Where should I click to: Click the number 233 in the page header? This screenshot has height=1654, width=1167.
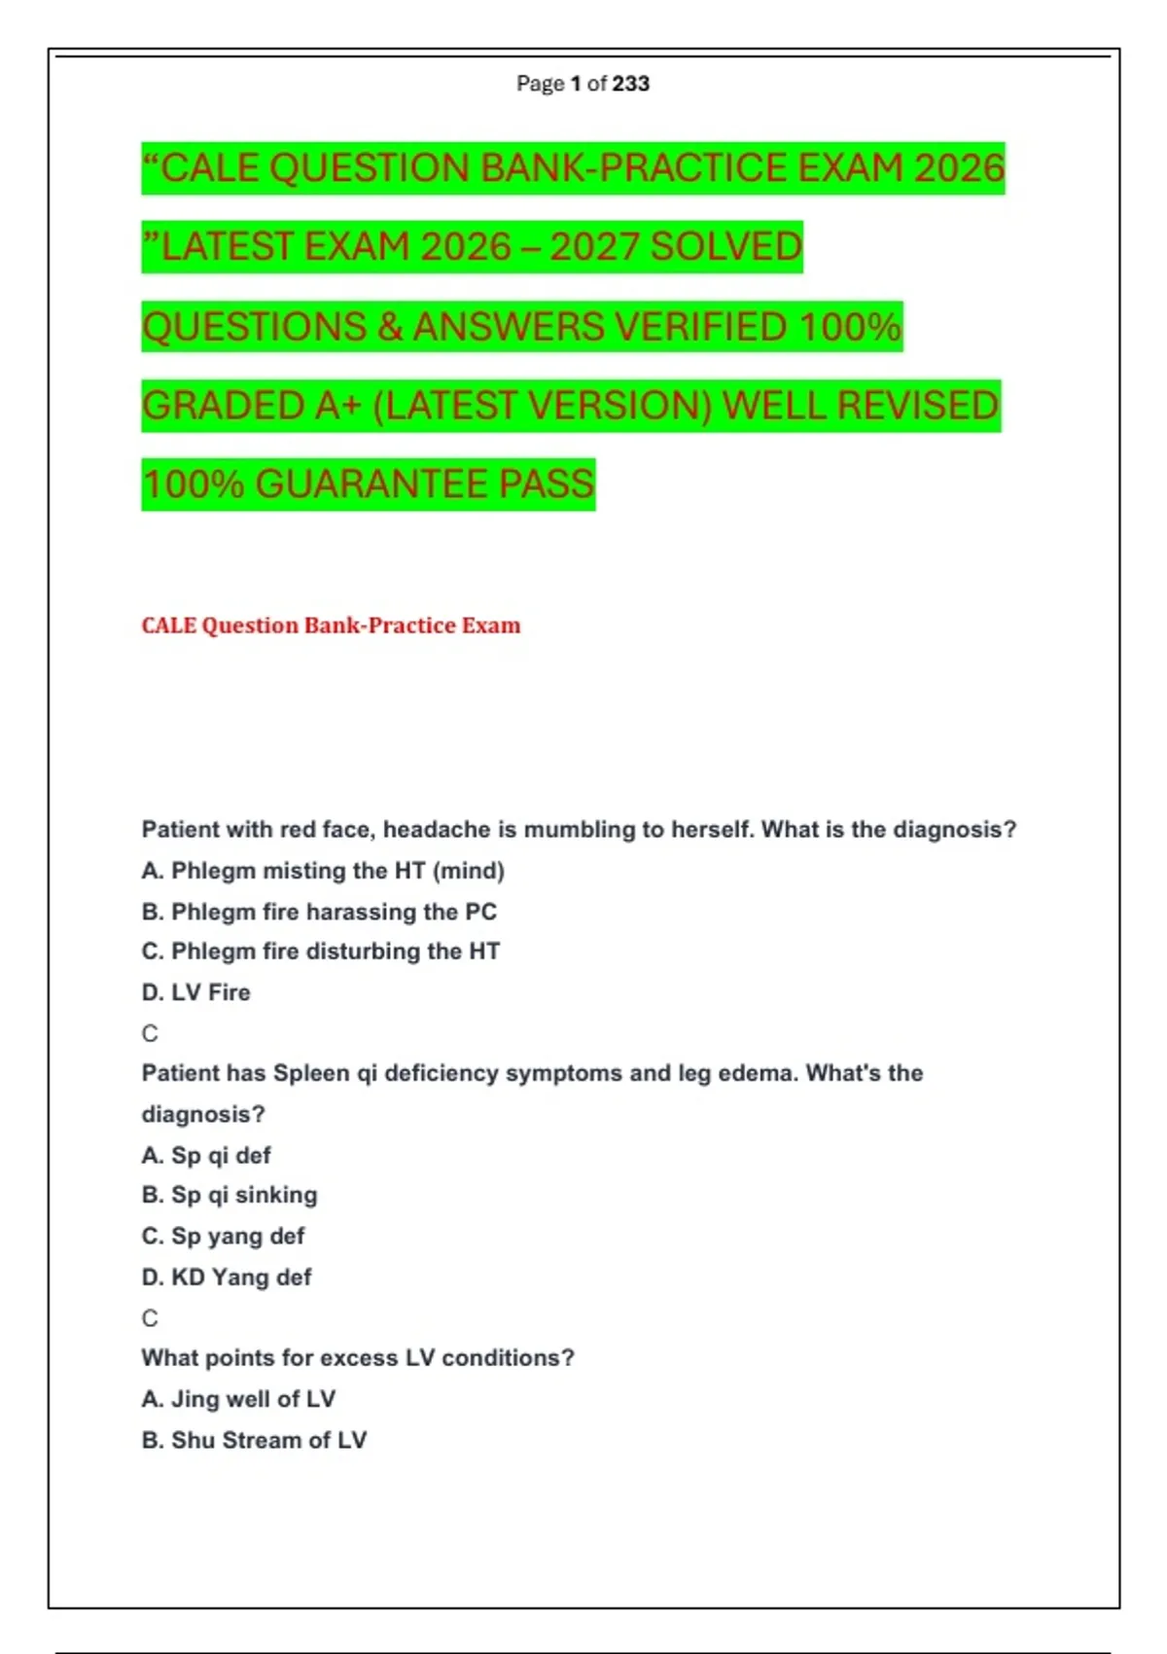pos(631,84)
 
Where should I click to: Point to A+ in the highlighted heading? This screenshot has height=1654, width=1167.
pos(338,406)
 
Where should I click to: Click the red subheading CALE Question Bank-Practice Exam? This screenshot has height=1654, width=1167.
pos(331,626)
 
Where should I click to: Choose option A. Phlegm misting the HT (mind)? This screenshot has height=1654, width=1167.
pos(323,871)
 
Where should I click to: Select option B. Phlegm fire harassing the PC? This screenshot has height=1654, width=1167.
pos(319,912)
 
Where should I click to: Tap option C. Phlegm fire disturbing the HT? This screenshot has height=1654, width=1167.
pos(321,952)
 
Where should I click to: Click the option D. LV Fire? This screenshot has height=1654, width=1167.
pos(196,992)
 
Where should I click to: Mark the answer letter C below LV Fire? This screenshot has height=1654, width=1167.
pos(150,1033)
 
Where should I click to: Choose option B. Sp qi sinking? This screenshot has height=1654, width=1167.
pos(230,1195)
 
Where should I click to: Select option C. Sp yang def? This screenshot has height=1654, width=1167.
pos(224,1237)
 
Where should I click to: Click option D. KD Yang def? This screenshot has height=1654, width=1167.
pos(227,1277)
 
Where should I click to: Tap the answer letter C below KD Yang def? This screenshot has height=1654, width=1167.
pos(150,1318)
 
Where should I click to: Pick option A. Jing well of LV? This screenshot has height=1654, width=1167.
pos(238,1399)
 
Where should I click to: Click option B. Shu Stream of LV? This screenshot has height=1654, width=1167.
pos(254,1440)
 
